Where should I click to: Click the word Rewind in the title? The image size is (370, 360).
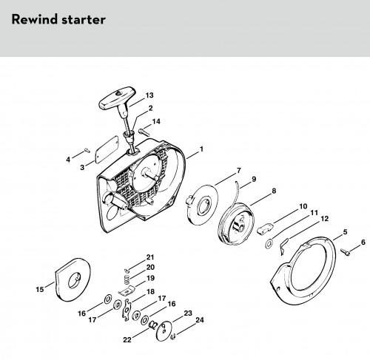[35, 19]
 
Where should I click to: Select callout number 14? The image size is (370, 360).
[156, 121]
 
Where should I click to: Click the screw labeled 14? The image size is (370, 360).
[144, 132]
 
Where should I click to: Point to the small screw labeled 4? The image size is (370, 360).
[87, 150]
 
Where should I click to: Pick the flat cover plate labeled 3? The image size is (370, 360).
[107, 149]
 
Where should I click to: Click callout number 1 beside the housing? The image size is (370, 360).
[201, 149]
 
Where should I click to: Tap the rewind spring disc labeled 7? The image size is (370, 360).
[202, 206]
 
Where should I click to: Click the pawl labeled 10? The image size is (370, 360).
[266, 228]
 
